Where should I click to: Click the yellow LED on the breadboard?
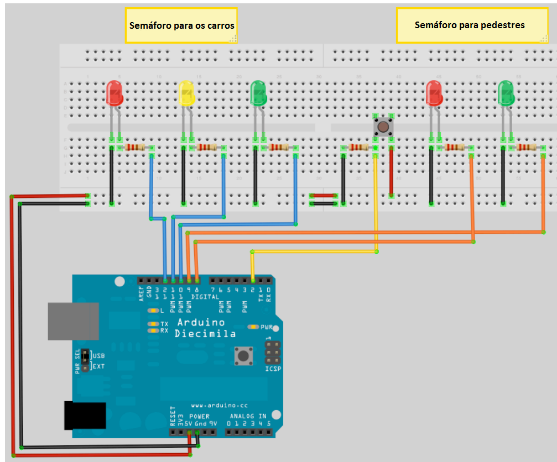(187, 93)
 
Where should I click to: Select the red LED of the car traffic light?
(114, 93)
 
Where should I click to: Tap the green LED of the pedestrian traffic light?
(506, 93)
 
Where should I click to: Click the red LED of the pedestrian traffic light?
(434, 93)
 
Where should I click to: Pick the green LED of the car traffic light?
(258, 93)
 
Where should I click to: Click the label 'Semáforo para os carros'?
(181, 25)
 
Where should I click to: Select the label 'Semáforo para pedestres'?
(469, 25)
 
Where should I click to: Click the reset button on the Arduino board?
(242, 355)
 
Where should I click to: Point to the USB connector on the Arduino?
(73, 321)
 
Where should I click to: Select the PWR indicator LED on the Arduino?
(254, 327)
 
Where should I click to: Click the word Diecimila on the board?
(205, 333)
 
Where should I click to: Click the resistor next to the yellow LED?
(207, 148)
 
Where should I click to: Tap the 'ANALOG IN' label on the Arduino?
(248, 416)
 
